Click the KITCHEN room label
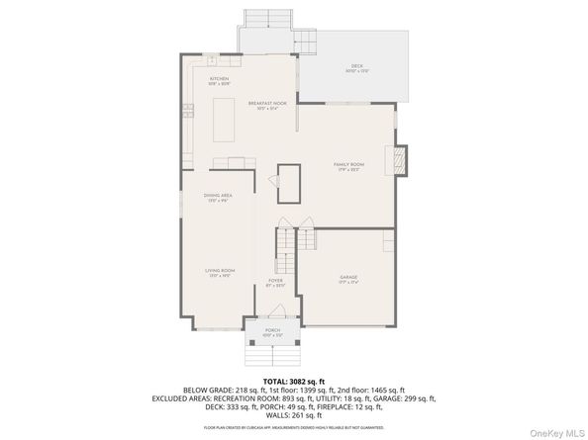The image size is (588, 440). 219,80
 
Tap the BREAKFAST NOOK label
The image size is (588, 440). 267,104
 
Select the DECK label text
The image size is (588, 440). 356,68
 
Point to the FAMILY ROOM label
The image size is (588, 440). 348,166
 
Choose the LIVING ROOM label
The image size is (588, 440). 219,272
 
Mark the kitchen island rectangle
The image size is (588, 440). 225,118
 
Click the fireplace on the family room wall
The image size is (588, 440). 399,161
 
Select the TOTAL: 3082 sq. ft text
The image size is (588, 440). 293,382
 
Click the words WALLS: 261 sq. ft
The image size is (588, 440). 293,415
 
